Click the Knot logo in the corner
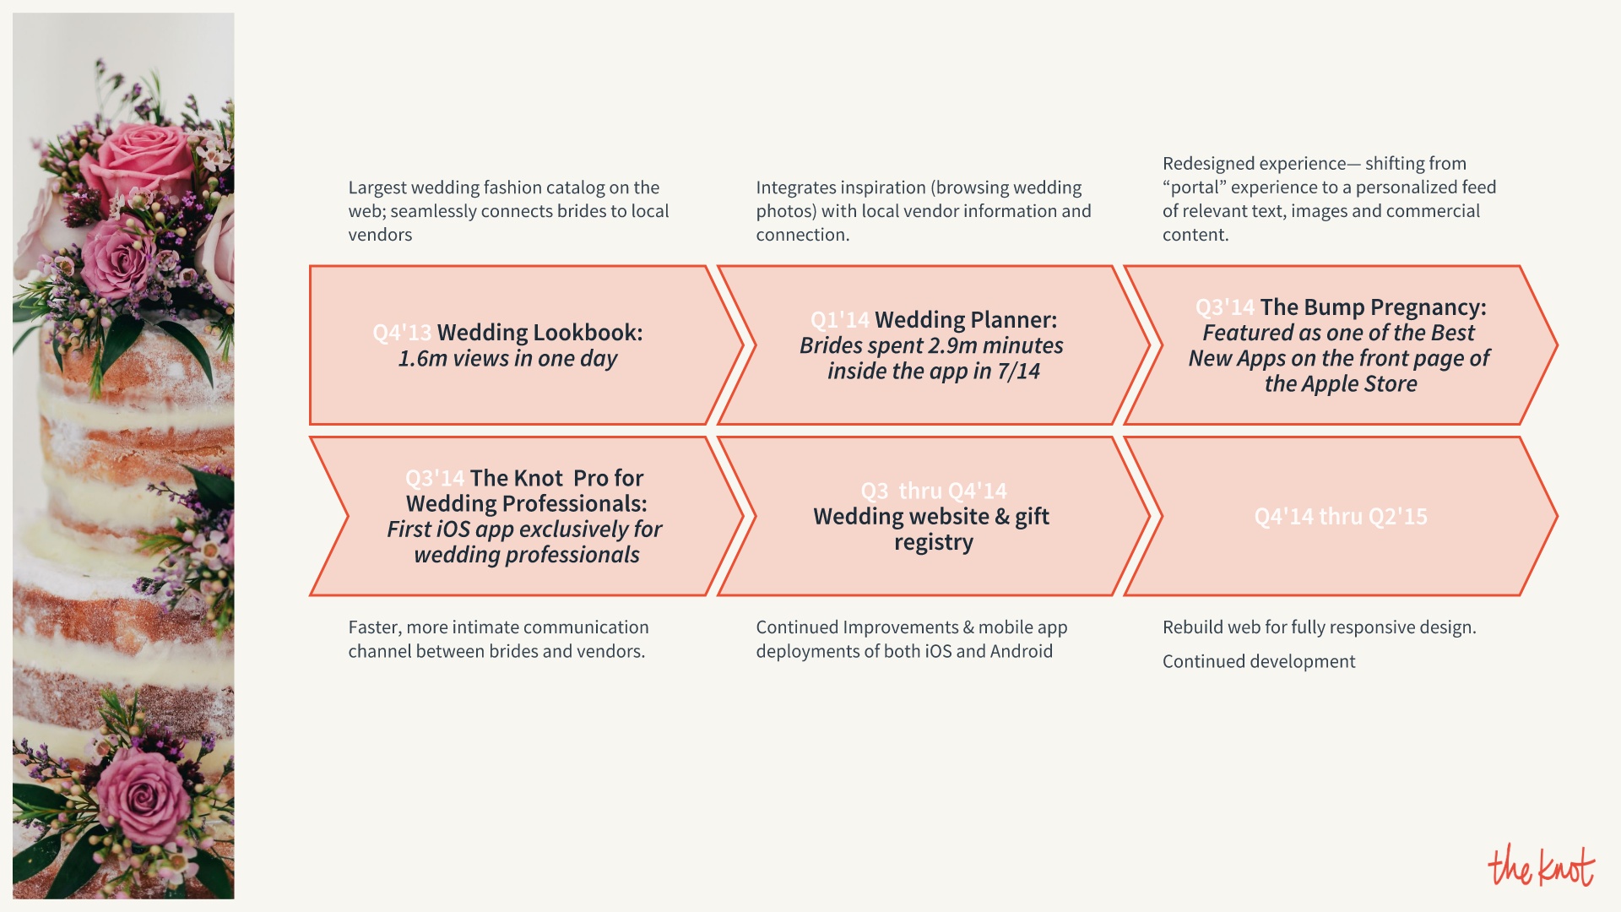coord(1541,866)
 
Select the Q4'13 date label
coord(402,333)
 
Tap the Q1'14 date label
coord(839,320)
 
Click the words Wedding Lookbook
coord(539,333)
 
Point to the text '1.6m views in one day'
coord(507,359)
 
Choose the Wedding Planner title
coord(966,320)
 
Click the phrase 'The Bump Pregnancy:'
coord(1373,307)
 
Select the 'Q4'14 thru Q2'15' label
coord(1341,517)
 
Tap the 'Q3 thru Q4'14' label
coord(934,491)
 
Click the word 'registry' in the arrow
coord(934,542)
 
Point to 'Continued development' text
coord(1259,662)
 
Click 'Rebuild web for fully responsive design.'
coord(1319,627)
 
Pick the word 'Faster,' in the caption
coord(374,627)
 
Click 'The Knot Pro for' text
coord(556,478)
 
